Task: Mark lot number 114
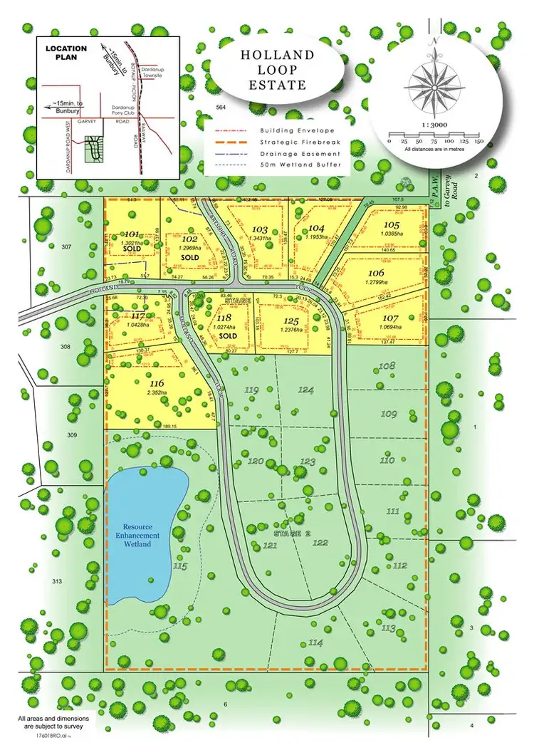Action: click(316, 643)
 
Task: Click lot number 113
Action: click(388, 628)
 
